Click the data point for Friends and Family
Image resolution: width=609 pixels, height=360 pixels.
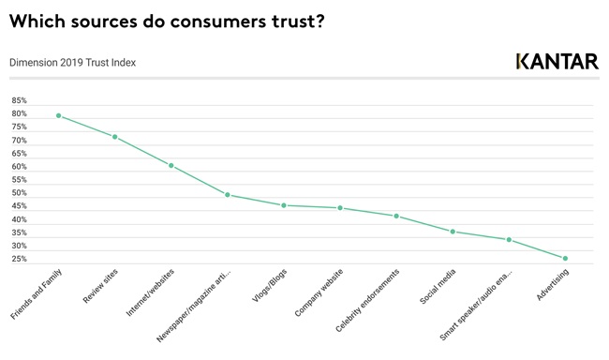[58, 116]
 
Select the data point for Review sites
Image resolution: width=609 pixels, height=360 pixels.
[114, 137]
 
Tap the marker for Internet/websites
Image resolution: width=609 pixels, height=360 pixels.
[171, 166]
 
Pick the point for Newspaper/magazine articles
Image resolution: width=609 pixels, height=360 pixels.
[227, 195]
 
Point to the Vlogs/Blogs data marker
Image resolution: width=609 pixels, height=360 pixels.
[284, 205]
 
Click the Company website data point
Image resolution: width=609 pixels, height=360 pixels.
[340, 208]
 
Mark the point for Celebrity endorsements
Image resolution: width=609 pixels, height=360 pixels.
[396, 217]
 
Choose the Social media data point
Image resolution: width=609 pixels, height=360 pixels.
[453, 232]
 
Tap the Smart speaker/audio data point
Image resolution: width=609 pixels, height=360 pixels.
[509, 240]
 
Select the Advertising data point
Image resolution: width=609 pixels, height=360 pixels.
[565, 259]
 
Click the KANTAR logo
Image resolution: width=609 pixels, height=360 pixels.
[557, 62]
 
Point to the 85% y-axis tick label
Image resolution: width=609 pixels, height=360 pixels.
[20, 100]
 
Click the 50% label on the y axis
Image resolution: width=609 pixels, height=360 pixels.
[20, 192]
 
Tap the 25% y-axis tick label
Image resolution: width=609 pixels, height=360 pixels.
[20, 259]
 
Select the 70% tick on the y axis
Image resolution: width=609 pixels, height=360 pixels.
[20, 140]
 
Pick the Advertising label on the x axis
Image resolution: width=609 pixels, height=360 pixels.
[552, 285]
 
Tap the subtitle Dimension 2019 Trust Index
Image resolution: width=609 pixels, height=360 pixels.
[72, 63]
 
